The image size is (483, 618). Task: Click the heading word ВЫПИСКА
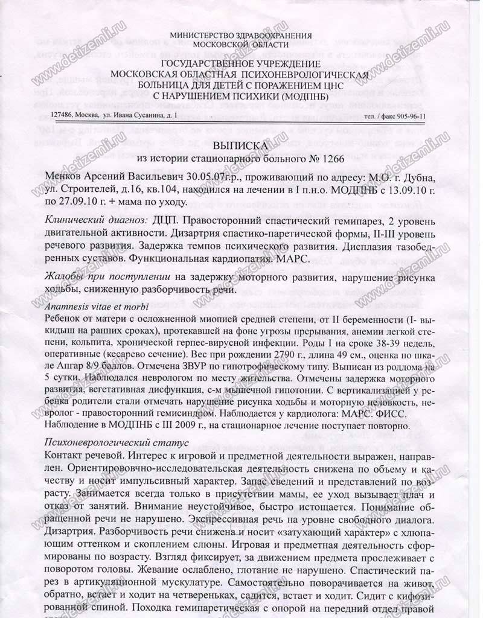pyautogui.click(x=245, y=145)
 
